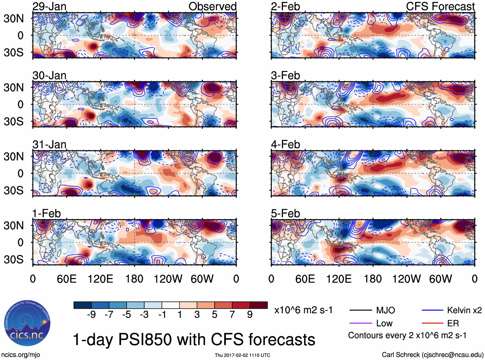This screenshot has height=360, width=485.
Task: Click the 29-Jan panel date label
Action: [x=49, y=6]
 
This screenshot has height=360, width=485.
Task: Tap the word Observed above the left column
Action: [x=212, y=6]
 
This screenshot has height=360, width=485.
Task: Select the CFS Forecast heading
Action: [x=440, y=6]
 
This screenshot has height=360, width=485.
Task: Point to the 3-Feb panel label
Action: [x=285, y=76]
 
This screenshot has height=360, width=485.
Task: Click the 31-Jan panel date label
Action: [x=49, y=145]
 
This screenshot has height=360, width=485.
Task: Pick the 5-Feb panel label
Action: [x=285, y=214]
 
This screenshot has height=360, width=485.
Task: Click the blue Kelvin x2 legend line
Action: [x=432, y=310]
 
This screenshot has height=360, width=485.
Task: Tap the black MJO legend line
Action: [x=360, y=310]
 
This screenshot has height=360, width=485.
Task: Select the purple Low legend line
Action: [x=360, y=323]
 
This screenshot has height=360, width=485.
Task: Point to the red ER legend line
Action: [x=432, y=323]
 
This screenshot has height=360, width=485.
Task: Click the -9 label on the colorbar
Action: [x=91, y=315]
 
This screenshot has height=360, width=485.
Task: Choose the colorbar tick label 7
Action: [x=232, y=315]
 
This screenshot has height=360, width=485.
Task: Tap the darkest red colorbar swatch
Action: [x=259, y=305]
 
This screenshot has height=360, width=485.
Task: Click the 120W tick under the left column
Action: [x=168, y=279]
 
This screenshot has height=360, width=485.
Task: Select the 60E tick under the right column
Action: [x=305, y=279]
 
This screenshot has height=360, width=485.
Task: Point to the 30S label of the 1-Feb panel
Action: [x=13, y=259]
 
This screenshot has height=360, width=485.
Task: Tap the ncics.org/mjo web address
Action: [x=21, y=355]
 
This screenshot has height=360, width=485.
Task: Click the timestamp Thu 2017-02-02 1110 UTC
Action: [x=242, y=355]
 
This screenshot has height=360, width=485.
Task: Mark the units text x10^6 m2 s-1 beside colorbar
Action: [x=303, y=310]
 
